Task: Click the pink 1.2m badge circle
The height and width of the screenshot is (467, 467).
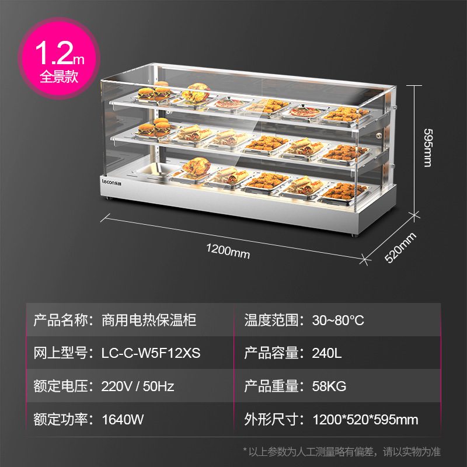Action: click(x=58, y=60)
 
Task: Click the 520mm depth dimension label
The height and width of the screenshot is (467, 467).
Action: click(x=401, y=248)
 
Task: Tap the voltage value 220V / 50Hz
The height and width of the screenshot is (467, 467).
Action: click(x=138, y=386)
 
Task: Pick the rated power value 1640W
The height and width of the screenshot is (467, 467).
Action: click(x=123, y=419)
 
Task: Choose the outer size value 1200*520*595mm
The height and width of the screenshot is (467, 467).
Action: click(x=365, y=419)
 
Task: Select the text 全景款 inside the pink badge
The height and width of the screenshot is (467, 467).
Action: click(x=58, y=76)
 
